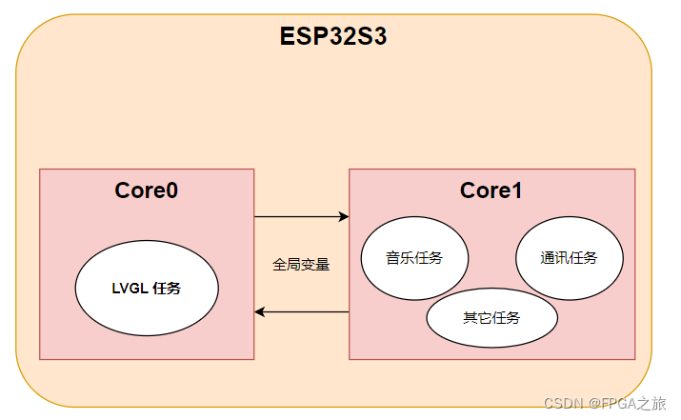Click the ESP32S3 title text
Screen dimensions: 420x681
(332, 37)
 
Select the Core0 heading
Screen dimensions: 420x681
(147, 190)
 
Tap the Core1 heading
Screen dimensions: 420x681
(491, 190)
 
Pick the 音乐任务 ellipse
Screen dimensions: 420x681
(414, 258)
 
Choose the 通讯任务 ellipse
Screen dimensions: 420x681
(569, 258)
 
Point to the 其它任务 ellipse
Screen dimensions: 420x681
(491, 317)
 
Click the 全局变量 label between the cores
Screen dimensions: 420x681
(301, 265)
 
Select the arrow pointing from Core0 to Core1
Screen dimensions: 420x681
(301, 217)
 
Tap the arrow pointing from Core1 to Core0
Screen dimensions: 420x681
(301, 312)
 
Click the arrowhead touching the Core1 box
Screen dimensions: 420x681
(344, 217)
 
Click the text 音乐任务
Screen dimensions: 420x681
(414, 258)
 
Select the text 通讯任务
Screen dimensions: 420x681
(569, 258)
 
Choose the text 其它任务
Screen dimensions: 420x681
(491, 317)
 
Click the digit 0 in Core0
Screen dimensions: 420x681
(171, 190)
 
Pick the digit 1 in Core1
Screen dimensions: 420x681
(515, 190)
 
